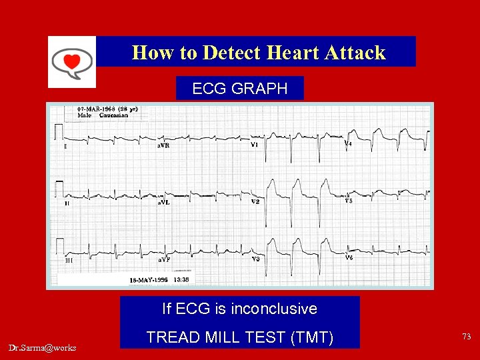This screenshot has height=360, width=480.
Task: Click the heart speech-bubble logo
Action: point(72,61)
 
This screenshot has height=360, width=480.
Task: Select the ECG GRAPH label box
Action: point(239,88)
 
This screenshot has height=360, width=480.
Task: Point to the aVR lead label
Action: point(164,145)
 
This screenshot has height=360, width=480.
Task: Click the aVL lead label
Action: point(164,202)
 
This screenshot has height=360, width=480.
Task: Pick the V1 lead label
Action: point(255,145)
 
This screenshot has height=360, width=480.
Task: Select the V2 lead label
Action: point(255,201)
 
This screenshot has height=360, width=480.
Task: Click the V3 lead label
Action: point(255,259)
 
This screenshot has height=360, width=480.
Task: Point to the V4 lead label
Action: point(348,143)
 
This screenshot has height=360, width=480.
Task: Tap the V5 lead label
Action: point(348,200)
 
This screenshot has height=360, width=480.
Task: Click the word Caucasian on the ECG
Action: point(115,115)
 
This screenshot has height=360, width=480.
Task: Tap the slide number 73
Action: point(466,337)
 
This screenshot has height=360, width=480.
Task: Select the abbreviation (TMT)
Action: point(312,337)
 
